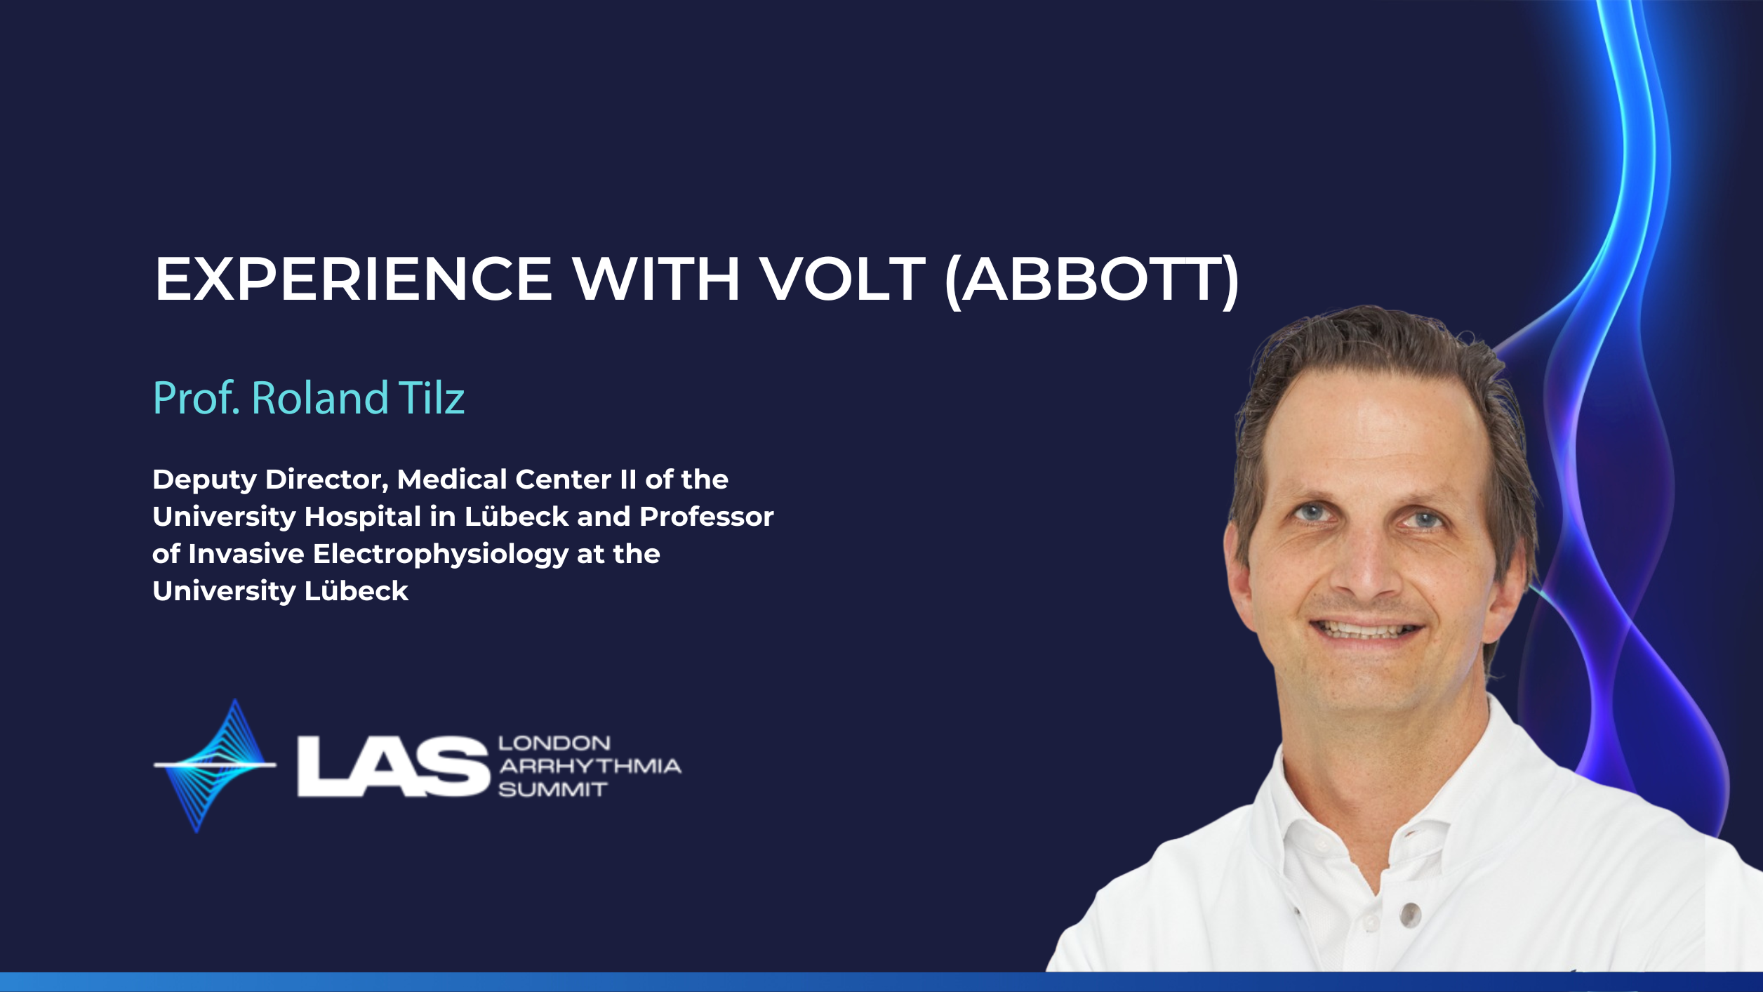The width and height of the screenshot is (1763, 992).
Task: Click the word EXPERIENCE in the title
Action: (x=354, y=279)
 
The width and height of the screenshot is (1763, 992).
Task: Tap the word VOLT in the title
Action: (x=844, y=279)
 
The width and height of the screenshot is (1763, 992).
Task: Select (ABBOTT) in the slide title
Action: (x=1092, y=280)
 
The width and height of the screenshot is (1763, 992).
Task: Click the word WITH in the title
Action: (x=656, y=279)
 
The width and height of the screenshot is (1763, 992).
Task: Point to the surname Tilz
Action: (x=432, y=398)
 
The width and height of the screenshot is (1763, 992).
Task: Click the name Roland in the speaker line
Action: (x=319, y=398)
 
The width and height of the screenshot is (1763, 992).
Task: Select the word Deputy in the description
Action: (x=204, y=480)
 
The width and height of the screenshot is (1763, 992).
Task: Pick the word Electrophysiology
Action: (x=441, y=555)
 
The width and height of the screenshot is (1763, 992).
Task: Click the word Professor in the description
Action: (x=707, y=517)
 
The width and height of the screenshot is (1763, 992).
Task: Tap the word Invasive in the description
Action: (x=246, y=554)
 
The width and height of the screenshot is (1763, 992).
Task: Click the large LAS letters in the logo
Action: (x=392, y=766)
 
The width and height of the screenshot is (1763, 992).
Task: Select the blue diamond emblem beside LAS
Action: (x=215, y=765)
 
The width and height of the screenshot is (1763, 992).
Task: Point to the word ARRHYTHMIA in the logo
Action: (x=590, y=766)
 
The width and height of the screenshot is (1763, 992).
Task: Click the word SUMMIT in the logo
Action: (x=552, y=790)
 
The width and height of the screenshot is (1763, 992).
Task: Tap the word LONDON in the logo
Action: (x=554, y=743)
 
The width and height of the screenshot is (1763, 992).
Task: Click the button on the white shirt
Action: (x=1410, y=914)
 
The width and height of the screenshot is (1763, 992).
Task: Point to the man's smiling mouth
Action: (x=1366, y=628)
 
